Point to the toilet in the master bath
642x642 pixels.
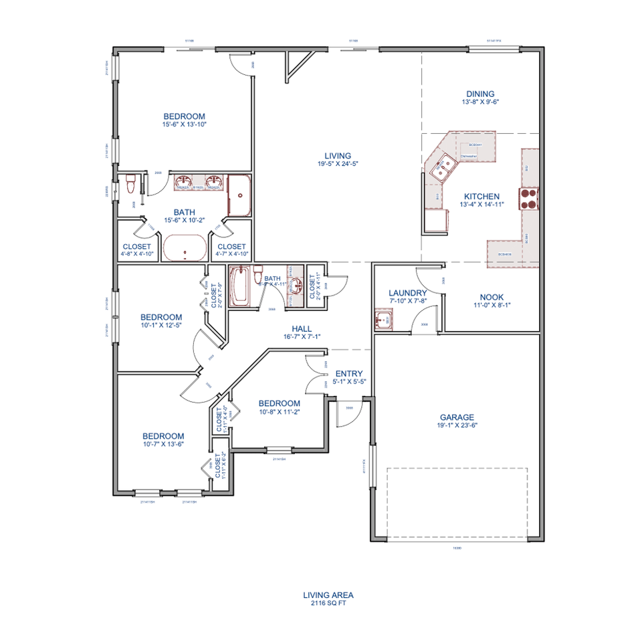[132, 181]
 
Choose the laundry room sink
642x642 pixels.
[383, 320]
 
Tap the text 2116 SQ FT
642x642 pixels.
[328, 603]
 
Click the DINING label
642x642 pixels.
[480, 94]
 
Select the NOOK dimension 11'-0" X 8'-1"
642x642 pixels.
[492, 305]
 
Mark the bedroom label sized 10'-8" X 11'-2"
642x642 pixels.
[279, 403]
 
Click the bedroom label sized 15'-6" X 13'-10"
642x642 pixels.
[184, 116]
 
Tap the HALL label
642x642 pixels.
[302, 328]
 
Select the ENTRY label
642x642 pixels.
[348, 374]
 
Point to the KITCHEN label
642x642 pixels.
[481, 197]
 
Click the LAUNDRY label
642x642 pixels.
[407, 293]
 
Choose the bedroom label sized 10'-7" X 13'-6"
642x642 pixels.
[163, 436]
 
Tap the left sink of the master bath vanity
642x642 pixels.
[183, 181]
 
